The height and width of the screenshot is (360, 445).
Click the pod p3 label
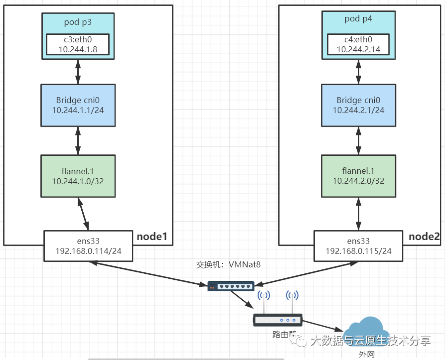tap(78, 22)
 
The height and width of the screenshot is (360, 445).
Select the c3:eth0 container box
tap(78, 44)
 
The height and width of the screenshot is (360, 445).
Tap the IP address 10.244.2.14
tap(359, 49)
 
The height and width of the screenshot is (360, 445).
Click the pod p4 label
tap(359, 19)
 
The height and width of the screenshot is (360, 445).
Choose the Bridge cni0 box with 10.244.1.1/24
tap(78, 105)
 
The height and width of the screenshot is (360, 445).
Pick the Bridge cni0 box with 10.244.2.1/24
tap(359, 105)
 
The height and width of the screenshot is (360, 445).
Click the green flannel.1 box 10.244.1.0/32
tap(78, 175)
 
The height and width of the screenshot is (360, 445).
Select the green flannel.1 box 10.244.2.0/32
tap(359, 175)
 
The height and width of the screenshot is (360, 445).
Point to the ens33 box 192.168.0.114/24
tap(89, 245)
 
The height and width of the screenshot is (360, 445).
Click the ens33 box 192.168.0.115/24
tap(359, 245)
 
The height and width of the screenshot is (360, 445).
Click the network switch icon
tap(231, 286)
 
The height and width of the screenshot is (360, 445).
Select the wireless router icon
tap(278, 319)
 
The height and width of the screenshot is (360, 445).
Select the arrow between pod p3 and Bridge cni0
tap(78, 72)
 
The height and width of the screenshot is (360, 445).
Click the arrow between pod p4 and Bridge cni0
tap(359, 72)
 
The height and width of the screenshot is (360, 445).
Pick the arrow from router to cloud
tap(323, 325)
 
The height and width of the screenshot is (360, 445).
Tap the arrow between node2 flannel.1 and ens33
tap(359, 213)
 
